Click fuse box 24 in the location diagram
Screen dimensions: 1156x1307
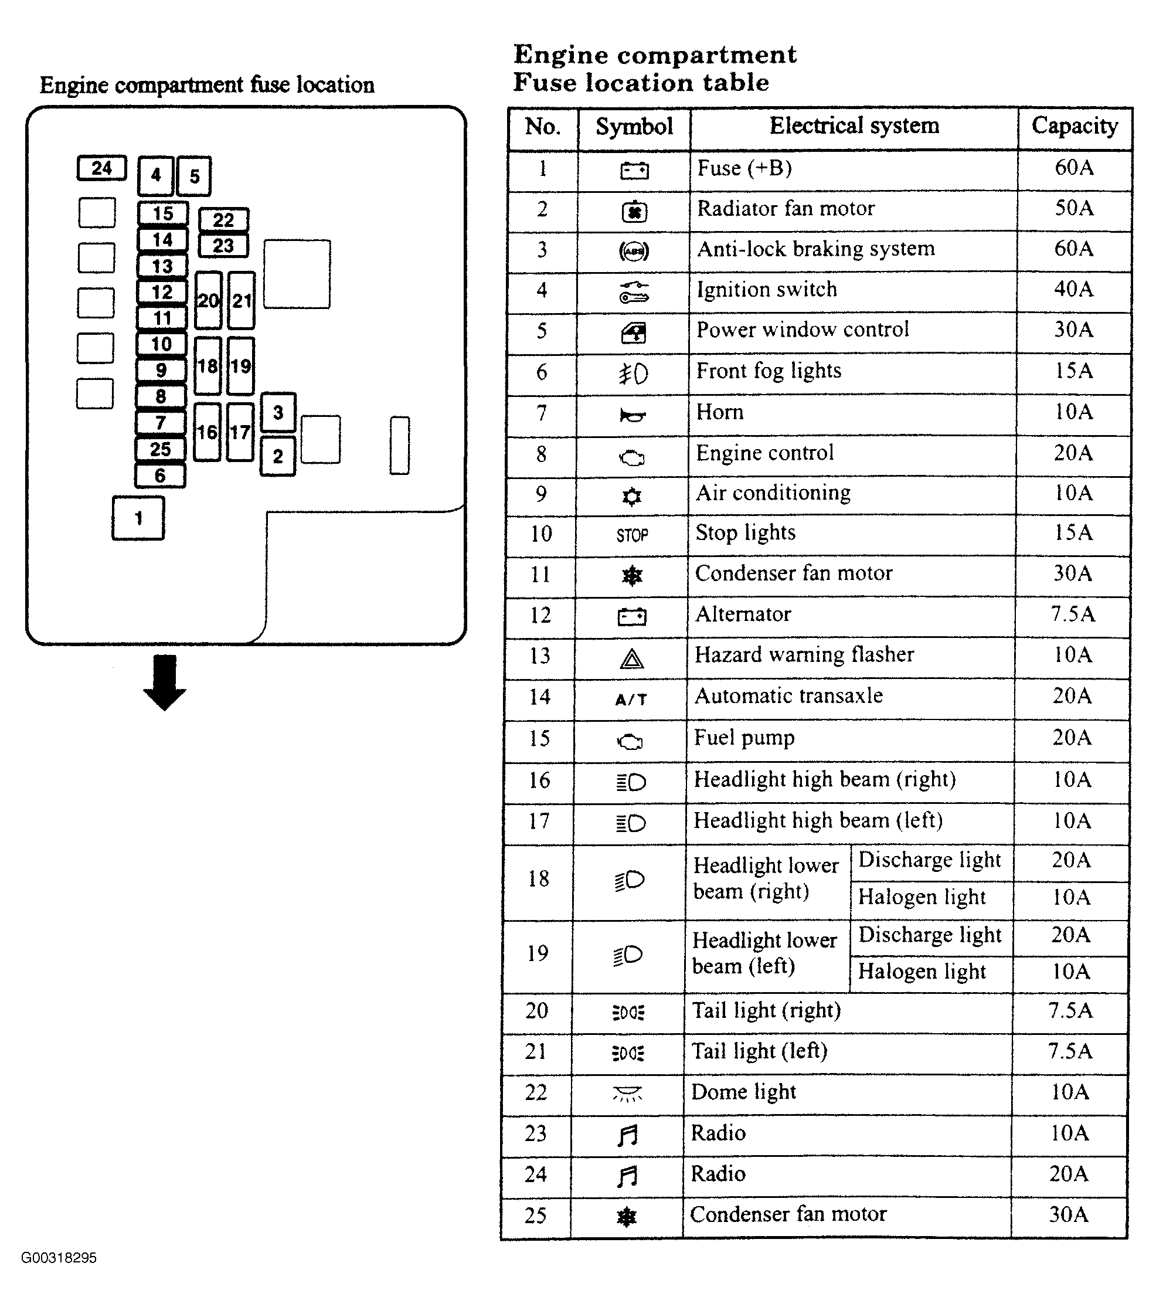(x=101, y=168)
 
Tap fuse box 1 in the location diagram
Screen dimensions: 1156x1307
(x=138, y=518)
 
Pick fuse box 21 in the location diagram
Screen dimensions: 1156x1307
(x=241, y=301)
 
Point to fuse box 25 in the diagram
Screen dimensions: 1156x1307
(x=161, y=449)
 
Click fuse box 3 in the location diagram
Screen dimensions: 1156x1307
(x=278, y=412)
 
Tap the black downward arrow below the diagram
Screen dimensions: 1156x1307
(x=165, y=683)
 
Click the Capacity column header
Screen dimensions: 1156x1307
(x=1075, y=126)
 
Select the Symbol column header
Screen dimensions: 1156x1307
(x=634, y=127)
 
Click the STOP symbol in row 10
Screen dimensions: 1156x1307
(x=633, y=535)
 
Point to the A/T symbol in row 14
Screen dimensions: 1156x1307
(x=631, y=700)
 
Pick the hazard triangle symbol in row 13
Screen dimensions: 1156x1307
(x=632, y=658)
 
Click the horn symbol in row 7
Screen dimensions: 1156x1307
(x=633, y=416)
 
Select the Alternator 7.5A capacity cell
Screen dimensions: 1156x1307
(x=1073, y=614)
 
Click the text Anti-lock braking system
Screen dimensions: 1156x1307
(x=816, y=249)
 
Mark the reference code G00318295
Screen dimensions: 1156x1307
(x=59, y=1258)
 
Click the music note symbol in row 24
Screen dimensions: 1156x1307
(x=628, y=1175)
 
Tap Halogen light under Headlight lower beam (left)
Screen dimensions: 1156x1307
(x=922, y=971)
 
